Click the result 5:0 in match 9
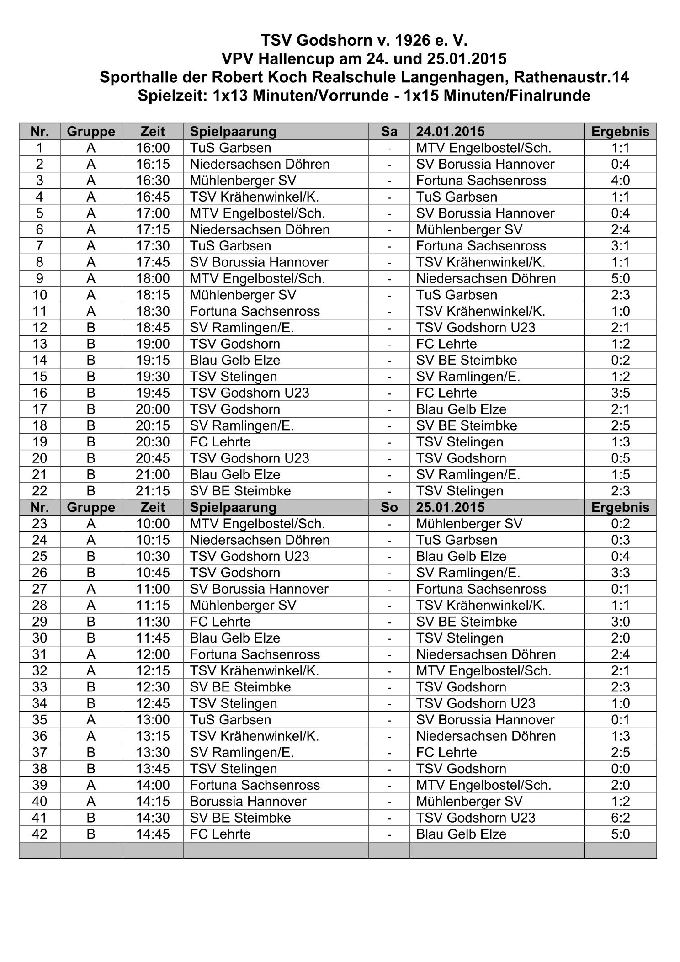coord(620,279)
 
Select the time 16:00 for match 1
coord(153,148)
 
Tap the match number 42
coord(39,834)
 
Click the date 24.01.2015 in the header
coord(450,132)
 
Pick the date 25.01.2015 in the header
coord(450,507)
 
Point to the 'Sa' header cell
coord(389,132)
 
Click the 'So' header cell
coord(389,507)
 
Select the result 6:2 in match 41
coord(620,818)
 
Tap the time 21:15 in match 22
coord(153,491)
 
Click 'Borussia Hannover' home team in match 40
coord(248,801)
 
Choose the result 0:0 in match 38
coord(620,769)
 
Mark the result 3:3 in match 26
coord(620,573)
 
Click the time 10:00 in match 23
coord(153,524)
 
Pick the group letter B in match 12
coord(91,328)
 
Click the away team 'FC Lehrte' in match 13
coord(446,344)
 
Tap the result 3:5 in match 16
coord(620,393)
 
